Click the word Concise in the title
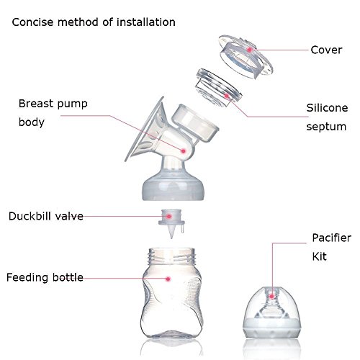coord(32,22)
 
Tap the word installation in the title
coord(146,22)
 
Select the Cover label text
coord(326,50)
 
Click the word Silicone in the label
coord(327,108)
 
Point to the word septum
coord(326,127)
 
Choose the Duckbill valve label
coord(46,216)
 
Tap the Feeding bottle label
coord(45,277)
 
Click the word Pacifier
coord(332,238)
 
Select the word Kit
coord(319,256)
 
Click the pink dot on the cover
coord(250,50)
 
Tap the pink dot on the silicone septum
coord(227,96)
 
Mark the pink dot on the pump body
coord(184,151)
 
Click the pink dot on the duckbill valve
coord(169,216)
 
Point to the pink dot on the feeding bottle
coord(168,279)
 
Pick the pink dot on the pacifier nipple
coord(271,297)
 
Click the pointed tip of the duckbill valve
coord(171,238)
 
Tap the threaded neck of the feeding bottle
coord(171,256)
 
